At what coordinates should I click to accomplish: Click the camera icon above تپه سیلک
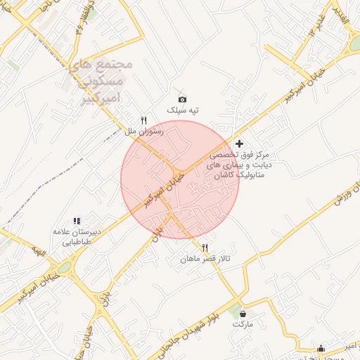(183, 100)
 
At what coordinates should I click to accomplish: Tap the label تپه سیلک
(183, 111)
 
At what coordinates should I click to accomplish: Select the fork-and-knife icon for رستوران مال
(144, 120)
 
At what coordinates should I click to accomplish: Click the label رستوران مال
(143, 131)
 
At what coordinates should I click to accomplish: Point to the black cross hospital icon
(239, 143)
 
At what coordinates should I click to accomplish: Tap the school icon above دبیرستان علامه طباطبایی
(77, 221)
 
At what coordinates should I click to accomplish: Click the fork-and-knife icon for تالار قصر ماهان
(205, 247)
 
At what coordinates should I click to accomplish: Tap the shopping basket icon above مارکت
(243, 314)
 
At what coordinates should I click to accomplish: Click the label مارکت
(243, 325)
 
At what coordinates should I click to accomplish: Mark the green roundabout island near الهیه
(65, 268)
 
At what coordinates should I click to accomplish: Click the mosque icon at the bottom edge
(321, 348)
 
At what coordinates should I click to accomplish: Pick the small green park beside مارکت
(233, 309)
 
